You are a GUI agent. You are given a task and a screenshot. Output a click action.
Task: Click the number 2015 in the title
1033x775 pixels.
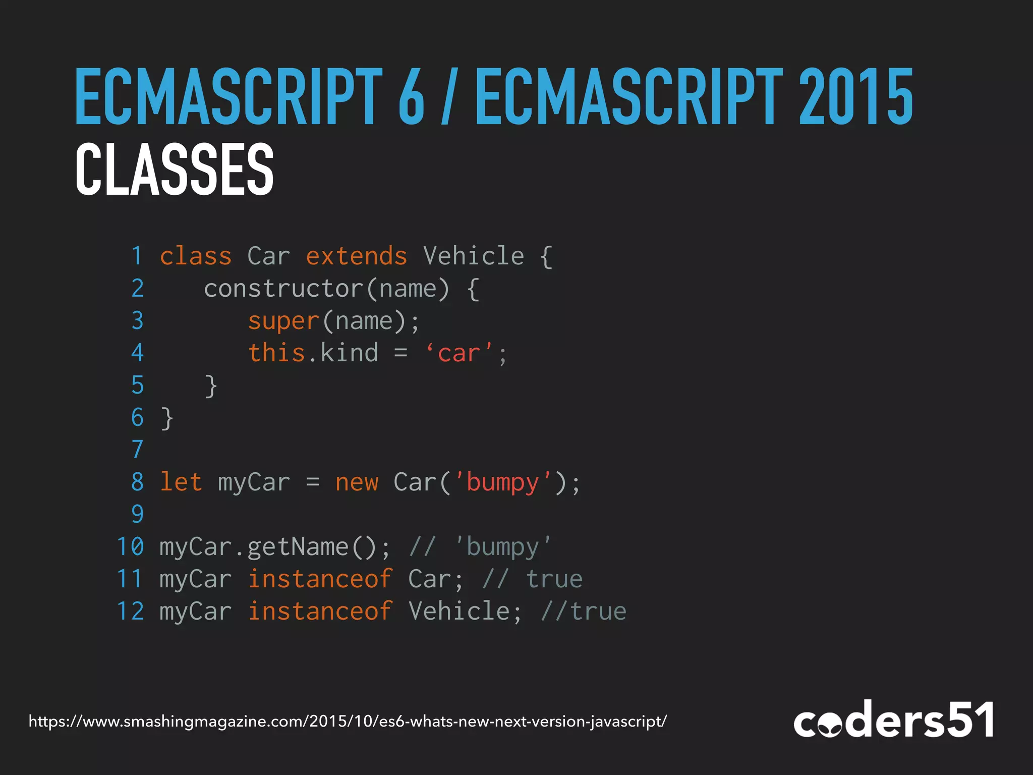(856, 97)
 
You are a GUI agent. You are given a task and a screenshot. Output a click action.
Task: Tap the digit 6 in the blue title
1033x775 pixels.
(411, 97)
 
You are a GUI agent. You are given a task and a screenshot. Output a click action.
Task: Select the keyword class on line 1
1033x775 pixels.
(196, 256)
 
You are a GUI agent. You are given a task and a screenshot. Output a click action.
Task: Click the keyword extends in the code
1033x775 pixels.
(356, 256)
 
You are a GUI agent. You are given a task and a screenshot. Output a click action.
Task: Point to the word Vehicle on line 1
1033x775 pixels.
(474, 256)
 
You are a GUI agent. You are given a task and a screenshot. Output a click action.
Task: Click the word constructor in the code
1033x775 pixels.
(283, 289)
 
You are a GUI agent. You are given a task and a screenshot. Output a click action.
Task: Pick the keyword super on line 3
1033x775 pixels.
(283, 321)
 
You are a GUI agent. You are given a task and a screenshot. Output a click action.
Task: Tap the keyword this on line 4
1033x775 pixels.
(276, 353)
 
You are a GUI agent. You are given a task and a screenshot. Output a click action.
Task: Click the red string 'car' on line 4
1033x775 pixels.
(459, 353)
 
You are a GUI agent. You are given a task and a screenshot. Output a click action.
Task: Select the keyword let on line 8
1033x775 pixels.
(181, 482)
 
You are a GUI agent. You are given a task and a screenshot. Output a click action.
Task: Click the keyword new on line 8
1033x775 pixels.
(357, 482)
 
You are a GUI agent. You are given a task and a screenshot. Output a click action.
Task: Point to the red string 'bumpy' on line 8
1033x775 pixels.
(502, 482)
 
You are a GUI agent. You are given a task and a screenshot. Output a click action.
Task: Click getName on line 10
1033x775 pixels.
(298, 547)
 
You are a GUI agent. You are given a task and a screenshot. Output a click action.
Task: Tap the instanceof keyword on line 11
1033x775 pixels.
(320, 579)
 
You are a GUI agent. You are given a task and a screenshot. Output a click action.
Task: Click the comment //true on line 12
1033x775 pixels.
(584, 612)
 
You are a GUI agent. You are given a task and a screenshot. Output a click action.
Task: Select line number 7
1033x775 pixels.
(137, 450)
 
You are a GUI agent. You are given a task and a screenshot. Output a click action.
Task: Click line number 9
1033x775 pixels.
(137, 514)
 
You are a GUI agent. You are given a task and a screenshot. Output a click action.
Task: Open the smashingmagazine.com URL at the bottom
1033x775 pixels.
(348, 722)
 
